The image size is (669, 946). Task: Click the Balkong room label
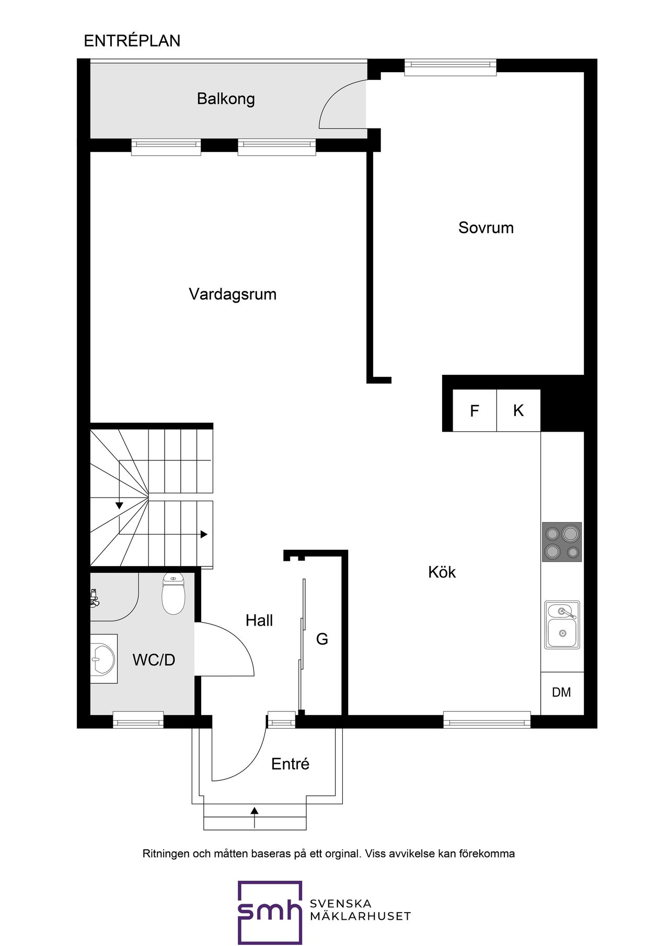pos(226,99)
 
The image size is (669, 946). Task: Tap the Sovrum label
pos(486,228)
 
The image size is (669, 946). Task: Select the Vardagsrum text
pos(233,294)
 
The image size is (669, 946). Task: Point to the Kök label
pos(442,572)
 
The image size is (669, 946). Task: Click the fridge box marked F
pos(475,410)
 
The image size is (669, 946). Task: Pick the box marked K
pos(518,410)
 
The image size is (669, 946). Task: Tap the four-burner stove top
pos(562,542)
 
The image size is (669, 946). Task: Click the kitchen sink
pos(562,625)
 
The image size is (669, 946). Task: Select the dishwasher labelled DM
pos(562,693)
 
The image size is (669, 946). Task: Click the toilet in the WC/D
pos(174,593)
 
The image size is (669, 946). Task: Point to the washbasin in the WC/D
pos(103,659)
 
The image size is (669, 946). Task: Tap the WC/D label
pos(154,660)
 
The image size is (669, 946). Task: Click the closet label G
pos(322,639)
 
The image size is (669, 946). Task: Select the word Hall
pos(259,620)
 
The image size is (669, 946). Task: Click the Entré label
pos(290,764)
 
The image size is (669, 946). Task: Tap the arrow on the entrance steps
pos(255,817)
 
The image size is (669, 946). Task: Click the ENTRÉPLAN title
pos(132,41)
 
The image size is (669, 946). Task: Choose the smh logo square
pos(270,913)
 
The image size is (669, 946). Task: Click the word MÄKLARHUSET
pos(360,916)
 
